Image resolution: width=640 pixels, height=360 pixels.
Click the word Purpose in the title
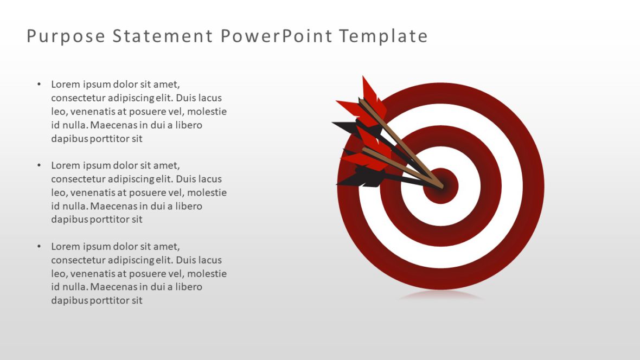pos(66,36)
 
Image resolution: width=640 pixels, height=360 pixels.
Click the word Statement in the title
pos(163,36)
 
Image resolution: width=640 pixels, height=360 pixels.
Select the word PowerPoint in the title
pos(276,36)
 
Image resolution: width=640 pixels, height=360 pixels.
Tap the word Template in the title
pos(383,36)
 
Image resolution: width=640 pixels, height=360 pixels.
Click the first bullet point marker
pos(39,85)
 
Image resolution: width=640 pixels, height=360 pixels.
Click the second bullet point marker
pos(39,165)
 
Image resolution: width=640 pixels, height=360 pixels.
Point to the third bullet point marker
pos(39,247)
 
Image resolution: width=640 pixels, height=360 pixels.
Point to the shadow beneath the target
pos(440,295)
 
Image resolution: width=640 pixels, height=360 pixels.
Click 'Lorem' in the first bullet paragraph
pos(65,85)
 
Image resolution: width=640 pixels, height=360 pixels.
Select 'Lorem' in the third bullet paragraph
pos(65,247)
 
